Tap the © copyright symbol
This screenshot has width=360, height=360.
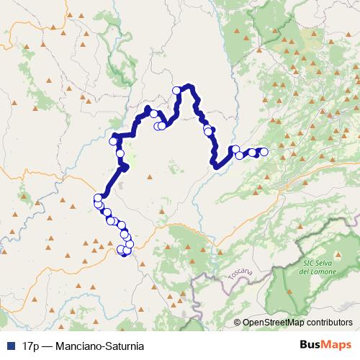[239, 323]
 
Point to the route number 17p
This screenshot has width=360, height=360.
[30, 346]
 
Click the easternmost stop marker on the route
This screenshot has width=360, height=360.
[264, 151]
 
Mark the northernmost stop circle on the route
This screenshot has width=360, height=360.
[176, 90]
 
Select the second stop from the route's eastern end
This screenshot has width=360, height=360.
[253, 152]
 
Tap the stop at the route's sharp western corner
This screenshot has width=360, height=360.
[113, 141]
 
